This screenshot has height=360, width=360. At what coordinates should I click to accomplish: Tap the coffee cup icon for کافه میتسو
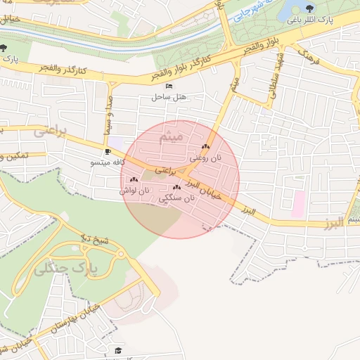tap(108, 151)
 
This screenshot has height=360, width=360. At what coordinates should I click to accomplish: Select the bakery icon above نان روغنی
tap(205, 147)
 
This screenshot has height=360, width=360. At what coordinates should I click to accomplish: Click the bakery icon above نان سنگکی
tap(176, 187)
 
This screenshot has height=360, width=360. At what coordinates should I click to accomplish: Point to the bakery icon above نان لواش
tap(133, 181)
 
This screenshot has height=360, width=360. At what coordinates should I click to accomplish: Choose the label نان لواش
tap(134, 191)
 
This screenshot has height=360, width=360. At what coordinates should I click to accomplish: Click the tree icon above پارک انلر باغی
tap(309, 9)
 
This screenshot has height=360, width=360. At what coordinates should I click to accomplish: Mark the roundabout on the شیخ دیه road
tap(120, 253)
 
